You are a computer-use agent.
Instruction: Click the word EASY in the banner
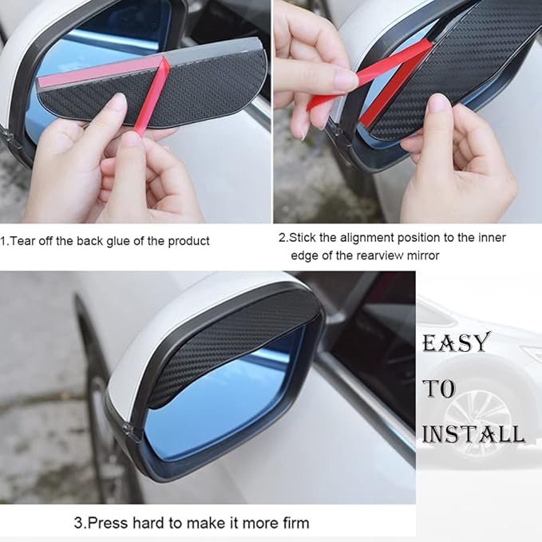(455, 343)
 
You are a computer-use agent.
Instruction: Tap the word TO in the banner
(438, 389)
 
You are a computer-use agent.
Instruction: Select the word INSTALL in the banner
(473, 434)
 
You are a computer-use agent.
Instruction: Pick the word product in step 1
(189, 241)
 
